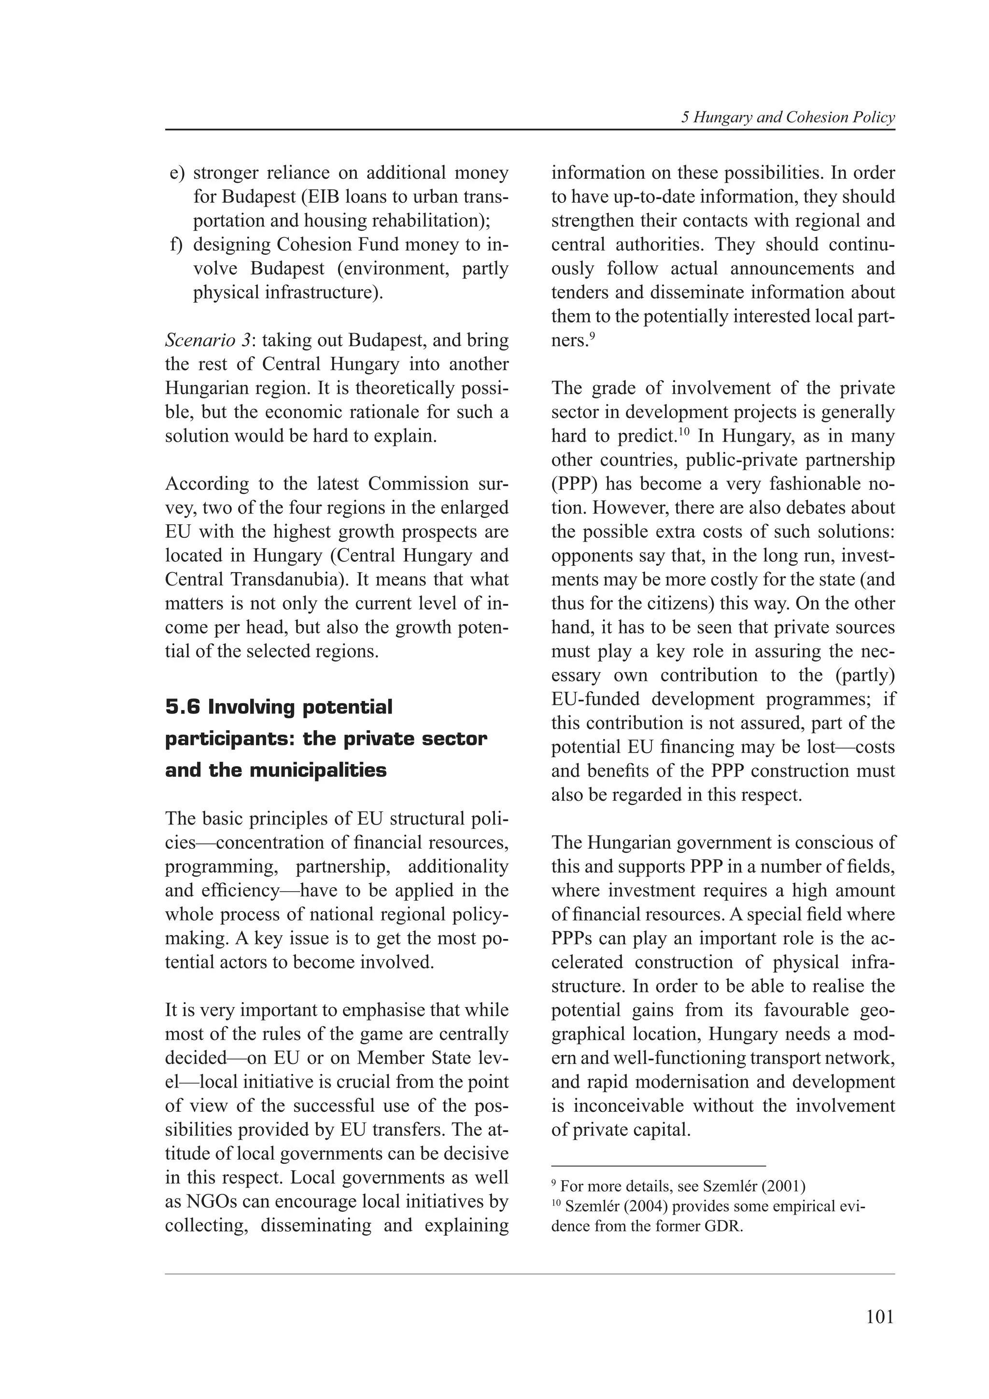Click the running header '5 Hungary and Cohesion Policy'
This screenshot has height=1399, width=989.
(788, 118)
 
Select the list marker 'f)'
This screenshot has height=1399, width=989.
(176, 244)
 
